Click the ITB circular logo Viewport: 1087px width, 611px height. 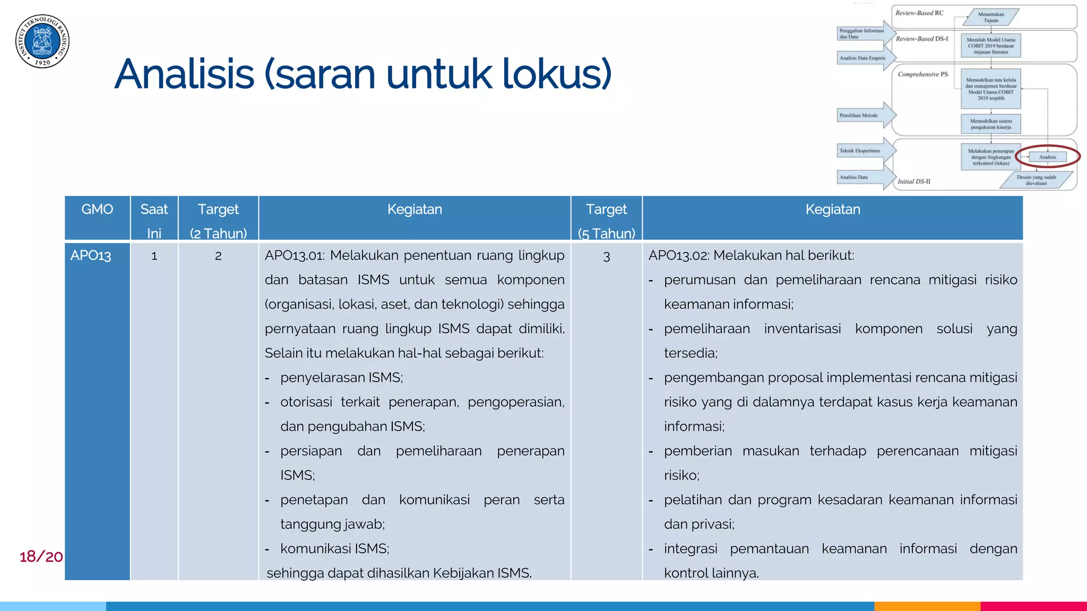click(42, 41)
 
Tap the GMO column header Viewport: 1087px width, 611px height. click(97, 210)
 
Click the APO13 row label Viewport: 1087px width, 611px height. click(91, 256)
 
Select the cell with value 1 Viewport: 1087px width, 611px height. click(154, 256)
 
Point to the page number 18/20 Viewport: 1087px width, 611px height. click(41, 556)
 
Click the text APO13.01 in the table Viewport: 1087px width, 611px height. click(294, 256)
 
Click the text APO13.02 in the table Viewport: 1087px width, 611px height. click(678, 256)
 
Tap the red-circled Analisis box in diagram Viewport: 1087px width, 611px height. click(1047, 157)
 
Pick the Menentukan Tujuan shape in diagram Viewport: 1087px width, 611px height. click(990, 18)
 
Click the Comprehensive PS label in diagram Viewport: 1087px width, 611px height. click(922, 74)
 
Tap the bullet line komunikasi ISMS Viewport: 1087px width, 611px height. click(334, 549)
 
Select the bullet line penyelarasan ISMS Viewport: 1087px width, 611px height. click(341, 378)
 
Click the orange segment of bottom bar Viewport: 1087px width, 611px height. click(927, 606)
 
